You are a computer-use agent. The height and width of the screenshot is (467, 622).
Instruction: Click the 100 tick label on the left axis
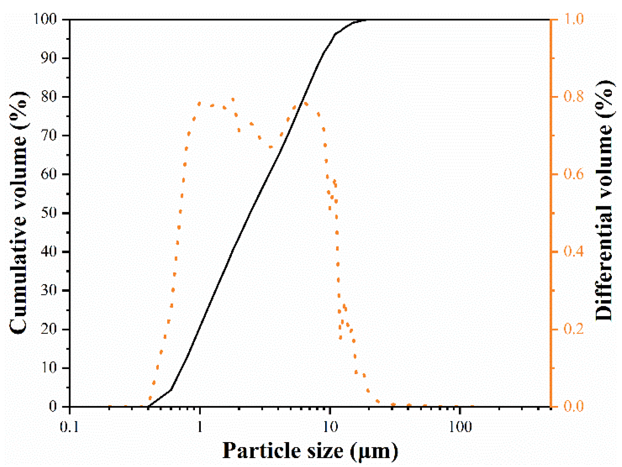pyautogui.click(x=45, y=19)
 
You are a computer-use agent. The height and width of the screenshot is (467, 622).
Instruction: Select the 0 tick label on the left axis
pyautogui.click(x=53, y=406)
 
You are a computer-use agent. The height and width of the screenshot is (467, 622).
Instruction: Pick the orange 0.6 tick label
pyautogui.click(x=573, y=174)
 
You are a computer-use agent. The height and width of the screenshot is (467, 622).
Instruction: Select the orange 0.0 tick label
pyautogui.click(x=573, y=406)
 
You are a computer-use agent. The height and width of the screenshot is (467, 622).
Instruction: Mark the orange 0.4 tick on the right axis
pyautogui.click(x=573, y=252)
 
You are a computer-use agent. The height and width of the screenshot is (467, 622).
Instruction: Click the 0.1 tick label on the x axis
pyautogui.click(x=69, y=427)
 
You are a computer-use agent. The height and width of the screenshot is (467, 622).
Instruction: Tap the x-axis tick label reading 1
pyautogui.click(x=200, y=427)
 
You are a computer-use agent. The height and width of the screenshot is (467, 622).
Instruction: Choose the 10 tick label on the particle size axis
pyautogui.click(x=330, y=427)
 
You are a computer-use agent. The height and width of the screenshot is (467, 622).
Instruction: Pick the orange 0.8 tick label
pyautogui.click(x=573, y=97)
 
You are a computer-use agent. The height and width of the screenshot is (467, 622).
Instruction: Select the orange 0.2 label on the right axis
pyautogui.click(x=573, y=329)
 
